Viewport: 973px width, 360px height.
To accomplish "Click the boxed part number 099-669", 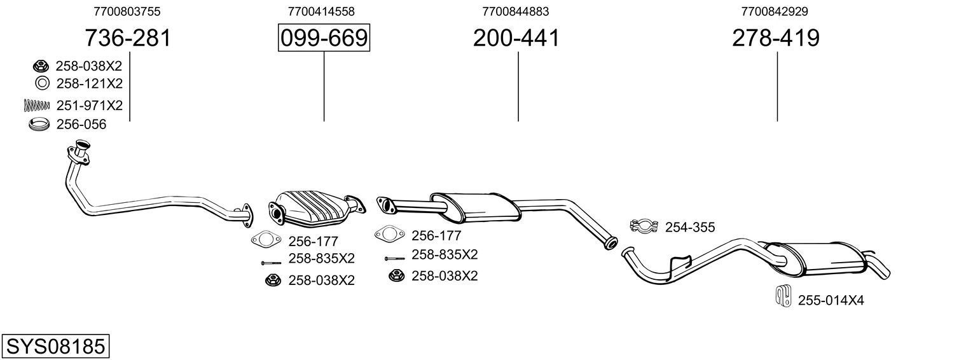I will tap(324, 38).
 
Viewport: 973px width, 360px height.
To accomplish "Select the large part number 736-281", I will tap(128, 38).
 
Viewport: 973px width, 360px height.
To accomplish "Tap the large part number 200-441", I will tap(516, 38).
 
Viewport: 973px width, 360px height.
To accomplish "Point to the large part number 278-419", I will tap(775, 38).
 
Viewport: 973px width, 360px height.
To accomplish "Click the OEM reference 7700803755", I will tap(127, 11).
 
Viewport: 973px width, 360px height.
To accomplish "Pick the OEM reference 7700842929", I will tap(775, 11).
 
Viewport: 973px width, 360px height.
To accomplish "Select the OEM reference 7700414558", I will tap(321, 11).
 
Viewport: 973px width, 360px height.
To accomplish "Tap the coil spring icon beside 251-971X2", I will tap(36, 105).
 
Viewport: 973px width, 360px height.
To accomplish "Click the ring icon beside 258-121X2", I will tap(42, 83).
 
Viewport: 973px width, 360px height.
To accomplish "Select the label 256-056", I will tap(81, 125).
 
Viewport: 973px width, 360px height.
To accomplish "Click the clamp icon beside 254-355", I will tap(643, 226).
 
